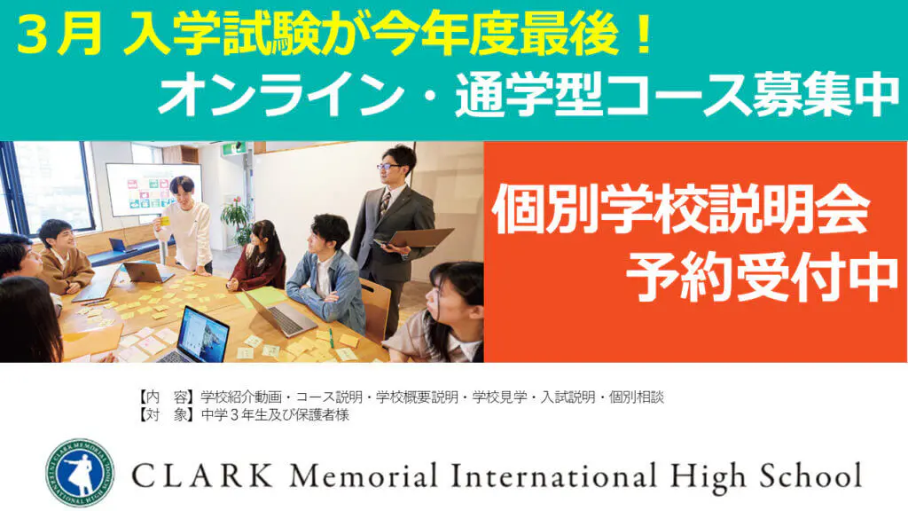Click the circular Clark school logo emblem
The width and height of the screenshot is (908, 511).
[80, 473]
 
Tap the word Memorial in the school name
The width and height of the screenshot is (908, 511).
[364, 476]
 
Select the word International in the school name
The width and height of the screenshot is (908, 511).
[553, 476]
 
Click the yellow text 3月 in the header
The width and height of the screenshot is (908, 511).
[59, 35]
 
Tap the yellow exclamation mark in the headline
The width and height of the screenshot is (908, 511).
[644, 35]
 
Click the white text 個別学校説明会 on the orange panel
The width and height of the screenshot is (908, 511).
[681, 209]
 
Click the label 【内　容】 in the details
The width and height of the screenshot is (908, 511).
[168, 397]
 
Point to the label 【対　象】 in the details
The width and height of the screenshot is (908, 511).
[168, 415]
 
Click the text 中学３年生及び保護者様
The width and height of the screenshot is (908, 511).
[275, 415]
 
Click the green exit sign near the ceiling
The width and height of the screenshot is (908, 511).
[232, 149]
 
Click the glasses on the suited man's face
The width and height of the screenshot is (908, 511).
[389, 166]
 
